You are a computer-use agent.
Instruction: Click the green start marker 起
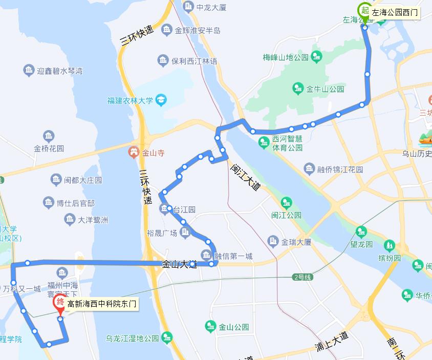click(x=365, y=10)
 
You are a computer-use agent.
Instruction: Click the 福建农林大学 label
click(x=130, y=100)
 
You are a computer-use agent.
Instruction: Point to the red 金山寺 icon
click(x=133, y=152)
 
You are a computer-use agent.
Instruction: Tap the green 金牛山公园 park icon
click(x=298, y=89)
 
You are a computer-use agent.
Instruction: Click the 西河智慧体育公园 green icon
click(x=264, y=141)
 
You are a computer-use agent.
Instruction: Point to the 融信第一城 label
click(x=233, y=256)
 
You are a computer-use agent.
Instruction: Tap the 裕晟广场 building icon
click(x=185, y=232)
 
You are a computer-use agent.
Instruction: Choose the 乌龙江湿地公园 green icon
click(x=167, y=337)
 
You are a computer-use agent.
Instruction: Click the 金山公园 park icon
click(x=211, y=326)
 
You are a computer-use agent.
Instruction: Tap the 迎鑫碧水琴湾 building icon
click(x=29, y=71)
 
